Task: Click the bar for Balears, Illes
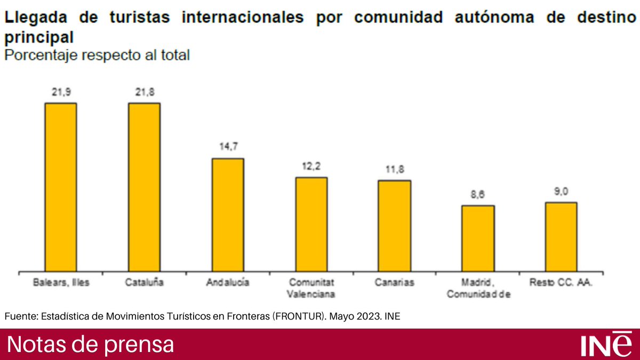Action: pos(61,187)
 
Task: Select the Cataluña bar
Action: pos(144,187)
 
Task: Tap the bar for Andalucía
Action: pos(228,214)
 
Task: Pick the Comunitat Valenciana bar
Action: pos(311,224)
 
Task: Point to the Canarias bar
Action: pos(395,226)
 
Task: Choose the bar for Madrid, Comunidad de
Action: pos(478,238)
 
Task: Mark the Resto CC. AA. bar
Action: pos(561,237)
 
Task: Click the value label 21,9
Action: pos(61,93)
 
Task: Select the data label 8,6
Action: pos(478,195)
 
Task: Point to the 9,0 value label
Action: pos(561,192)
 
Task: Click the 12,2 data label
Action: pos(311,167)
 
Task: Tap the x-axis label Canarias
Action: pos(395,283)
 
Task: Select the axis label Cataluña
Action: pos(144,283)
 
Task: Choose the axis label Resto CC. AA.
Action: pos(561,283)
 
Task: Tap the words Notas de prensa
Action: pos(91,345)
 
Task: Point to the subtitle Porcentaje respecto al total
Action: pos(97,55)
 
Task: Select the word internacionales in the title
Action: pos(243,17)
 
